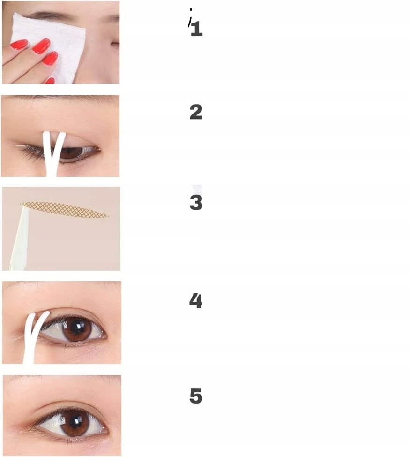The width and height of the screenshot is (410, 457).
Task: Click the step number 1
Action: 197,29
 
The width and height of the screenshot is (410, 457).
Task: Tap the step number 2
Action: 196,112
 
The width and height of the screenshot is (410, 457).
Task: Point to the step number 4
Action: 195,300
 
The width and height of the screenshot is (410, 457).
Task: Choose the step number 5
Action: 196,396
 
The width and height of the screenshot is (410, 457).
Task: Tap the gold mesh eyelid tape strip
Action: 65,209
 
